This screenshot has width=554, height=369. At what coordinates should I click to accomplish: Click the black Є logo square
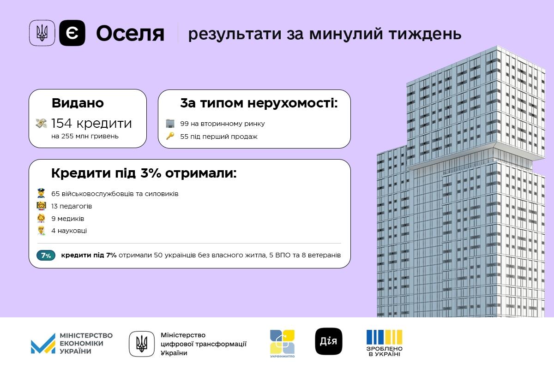pyautogui.click(x=72, y=33)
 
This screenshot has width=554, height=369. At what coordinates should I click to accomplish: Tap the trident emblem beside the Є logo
pyautogui.click(x=42, y=33)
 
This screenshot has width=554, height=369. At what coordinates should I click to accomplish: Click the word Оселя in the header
pyautogui.click(x=130, y=34)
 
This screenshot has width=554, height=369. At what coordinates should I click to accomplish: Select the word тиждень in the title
pyautogui.click(x=425, y=34)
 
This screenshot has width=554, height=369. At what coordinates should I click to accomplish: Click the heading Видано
pyautogui.click(x=78, y=103)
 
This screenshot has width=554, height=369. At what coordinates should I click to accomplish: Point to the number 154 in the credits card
pyautogui.click(x=61, y=123)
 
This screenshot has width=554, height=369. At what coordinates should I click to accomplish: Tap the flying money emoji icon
pyautogui.click(x=41, y=123)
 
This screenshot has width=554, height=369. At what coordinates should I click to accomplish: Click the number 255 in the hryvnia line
pyautogui.click(x=67, y=136)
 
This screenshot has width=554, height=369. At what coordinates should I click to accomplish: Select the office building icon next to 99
pyautogui.click(x=170, y=123)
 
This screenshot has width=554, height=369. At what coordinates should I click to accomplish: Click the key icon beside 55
pyautogui.click(x=170, y=136)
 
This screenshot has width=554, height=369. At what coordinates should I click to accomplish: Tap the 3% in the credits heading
pyautogui.click(x=151, y=173)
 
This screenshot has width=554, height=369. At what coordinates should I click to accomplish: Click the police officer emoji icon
pyautogui.click(x=41, y=193)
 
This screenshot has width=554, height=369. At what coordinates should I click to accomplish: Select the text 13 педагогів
pyautogui.click(x=72, y=206)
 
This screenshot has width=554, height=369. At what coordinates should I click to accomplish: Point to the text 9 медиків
pyautogui.click(x=68, y=219)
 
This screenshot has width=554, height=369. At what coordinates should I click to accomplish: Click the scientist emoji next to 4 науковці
pyautogui.click(x=41, y=231)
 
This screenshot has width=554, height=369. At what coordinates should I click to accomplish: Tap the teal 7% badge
pyautogui.click(x=46, y=256)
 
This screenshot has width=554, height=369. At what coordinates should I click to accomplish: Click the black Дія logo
pyautogui.click(x=329, y=341)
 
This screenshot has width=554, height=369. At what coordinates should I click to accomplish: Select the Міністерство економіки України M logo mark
pyautogui.click(x=43, y=344)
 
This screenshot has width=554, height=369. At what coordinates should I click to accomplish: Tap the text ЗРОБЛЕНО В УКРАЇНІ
pyautogui.click(x=384, y=351)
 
